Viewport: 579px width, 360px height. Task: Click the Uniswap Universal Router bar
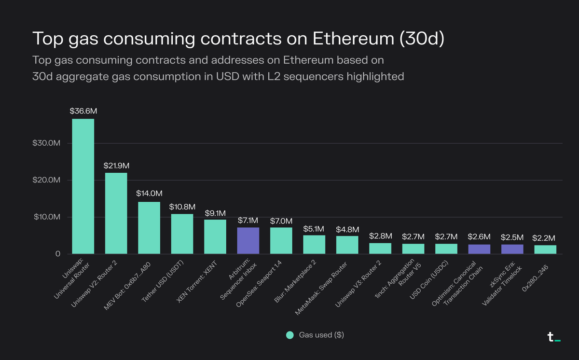click(x=83, y=186)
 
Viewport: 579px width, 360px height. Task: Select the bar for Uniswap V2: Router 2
click(x=116, y=213)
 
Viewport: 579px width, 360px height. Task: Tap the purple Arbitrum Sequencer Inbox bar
click(x=248, y=241)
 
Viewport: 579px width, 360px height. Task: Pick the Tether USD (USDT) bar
click(x=182, y=234)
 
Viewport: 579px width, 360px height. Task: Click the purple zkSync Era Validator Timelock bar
click(x=512, y=249)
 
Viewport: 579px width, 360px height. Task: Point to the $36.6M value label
click(x=83, y=111)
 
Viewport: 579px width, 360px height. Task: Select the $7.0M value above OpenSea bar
click(x=281, y=221)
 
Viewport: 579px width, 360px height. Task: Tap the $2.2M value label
click(x=544, y=238)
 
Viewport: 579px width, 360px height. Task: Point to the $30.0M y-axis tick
click(x=47, y=143)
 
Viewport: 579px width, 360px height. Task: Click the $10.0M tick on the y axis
click(x=47, y=217)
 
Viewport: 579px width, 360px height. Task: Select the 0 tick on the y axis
click(x=57, y=254)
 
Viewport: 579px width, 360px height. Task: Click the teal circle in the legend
click(x=289, y=335)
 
